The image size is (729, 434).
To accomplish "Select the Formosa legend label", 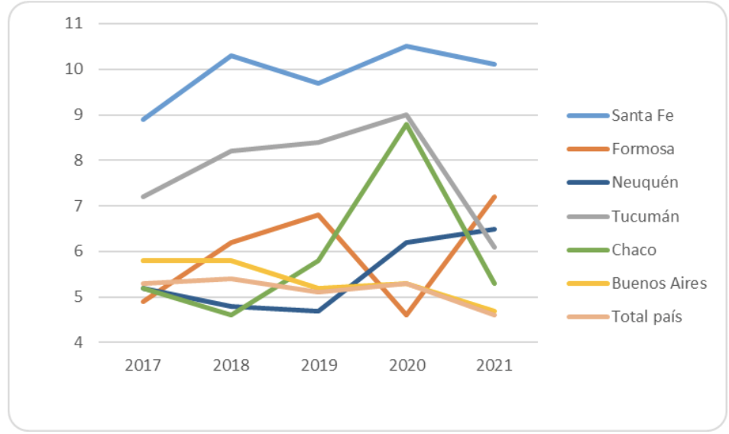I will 643,149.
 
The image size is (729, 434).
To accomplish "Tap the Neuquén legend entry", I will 644,183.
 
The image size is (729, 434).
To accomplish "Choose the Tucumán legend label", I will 645,216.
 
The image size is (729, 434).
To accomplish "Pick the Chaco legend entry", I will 633,250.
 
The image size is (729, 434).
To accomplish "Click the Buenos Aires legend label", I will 659,283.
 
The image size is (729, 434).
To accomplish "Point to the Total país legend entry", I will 646,316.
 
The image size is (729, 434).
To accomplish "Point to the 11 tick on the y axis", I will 73,24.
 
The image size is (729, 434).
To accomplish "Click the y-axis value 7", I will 78,206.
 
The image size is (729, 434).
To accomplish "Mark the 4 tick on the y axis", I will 78,342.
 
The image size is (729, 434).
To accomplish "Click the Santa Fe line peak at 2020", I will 407,47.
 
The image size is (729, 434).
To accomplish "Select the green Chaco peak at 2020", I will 407,124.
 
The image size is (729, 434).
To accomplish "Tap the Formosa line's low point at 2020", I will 407,315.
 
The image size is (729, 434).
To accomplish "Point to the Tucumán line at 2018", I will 231,151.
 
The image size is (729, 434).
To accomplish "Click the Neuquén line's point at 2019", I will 319,310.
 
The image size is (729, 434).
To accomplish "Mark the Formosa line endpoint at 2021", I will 494,197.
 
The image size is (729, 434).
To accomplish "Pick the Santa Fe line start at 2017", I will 143,119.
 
